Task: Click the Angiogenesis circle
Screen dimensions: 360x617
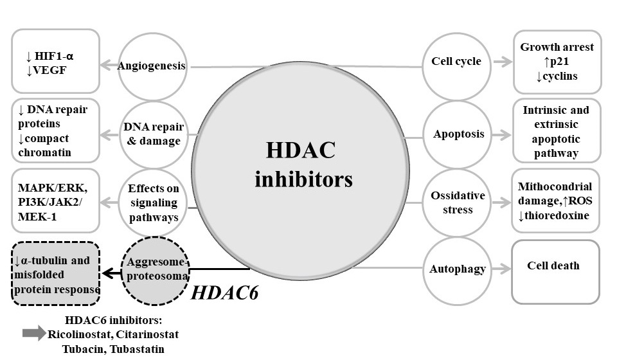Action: point(152,66)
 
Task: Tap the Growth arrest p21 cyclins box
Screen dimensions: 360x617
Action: point(557,62)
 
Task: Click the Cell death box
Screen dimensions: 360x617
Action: point(555,271)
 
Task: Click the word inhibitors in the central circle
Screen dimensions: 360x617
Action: point(304,178)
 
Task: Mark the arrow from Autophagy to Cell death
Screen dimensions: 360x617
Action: point(497,269)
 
